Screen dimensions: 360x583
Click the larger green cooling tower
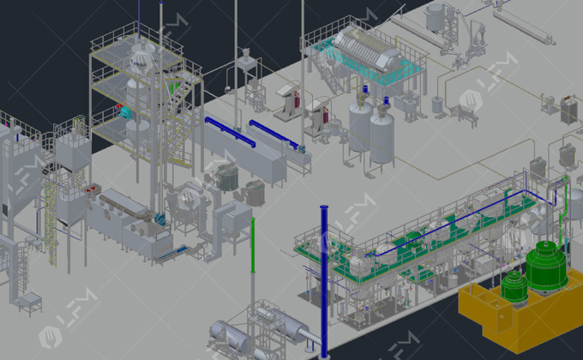546,266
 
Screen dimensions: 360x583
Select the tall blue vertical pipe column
324,274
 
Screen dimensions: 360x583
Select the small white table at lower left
31,302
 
